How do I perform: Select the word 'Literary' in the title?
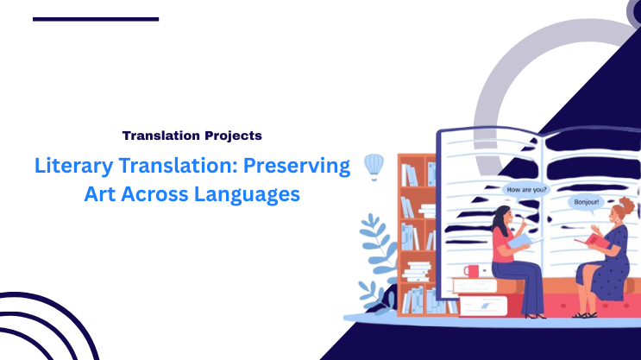(x=69, y=166)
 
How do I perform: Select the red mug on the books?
(x=471, y=271)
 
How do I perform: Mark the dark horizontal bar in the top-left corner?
(x=96, y=18)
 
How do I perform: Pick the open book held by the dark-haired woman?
(x=522, y=243)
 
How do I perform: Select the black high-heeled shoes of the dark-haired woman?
(x=535, y=316)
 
